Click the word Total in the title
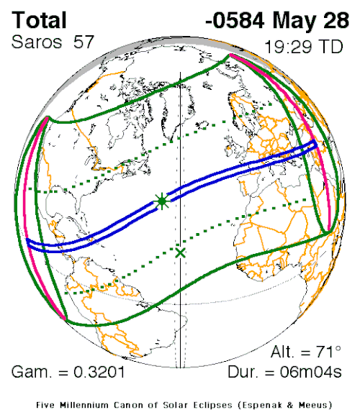[x=40, y=19]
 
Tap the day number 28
[x=332, y=19]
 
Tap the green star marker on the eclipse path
[x=162, y=201]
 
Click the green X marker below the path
[x=180, y=252]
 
